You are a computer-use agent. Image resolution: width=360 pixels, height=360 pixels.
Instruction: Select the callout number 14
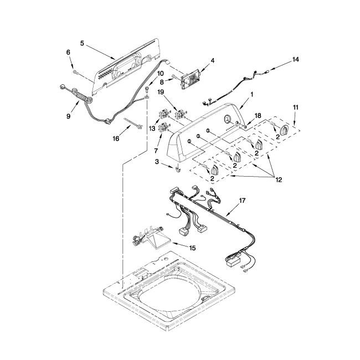coord(295,59)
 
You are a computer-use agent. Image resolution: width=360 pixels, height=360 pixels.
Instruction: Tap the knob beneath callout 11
coord(284,131)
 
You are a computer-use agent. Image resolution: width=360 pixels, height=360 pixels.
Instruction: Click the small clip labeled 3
coord(176,169)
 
